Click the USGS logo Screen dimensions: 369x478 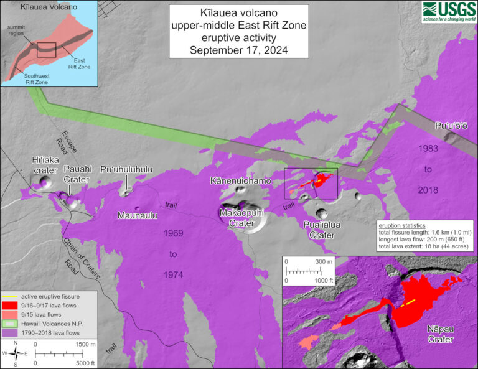click(x=449, y=10)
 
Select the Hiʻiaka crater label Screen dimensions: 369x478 click(x=45, y=164)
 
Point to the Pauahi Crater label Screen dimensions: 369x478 click(x=76, y=174)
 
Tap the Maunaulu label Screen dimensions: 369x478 click(x=137, y=215)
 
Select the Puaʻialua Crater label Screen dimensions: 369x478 click(x=322, y=230)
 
